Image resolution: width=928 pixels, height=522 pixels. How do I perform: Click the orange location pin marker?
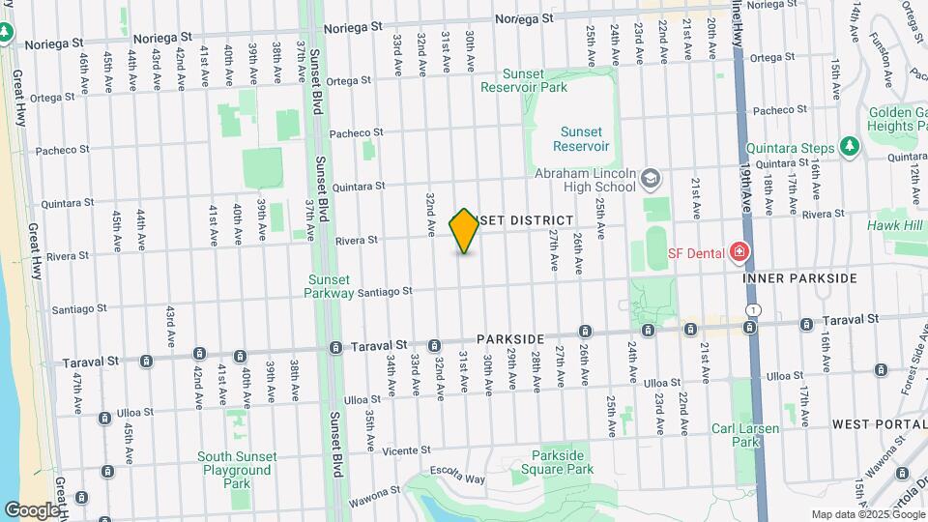click(464, 231)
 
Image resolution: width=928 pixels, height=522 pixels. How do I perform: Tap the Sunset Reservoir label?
click(581, 139)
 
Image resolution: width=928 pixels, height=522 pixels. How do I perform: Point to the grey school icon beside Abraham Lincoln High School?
click(651, 178)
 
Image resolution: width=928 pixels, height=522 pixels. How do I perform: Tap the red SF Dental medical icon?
click(739, 252)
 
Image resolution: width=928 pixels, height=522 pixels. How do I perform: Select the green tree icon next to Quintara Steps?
click(850, 146)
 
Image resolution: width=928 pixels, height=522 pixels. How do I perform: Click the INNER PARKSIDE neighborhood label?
click(799, 278)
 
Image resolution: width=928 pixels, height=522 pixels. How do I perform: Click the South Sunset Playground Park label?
click(237, 470)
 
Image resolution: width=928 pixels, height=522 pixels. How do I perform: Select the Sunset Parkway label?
click(330, 286)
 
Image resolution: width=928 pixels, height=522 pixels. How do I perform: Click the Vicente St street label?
click(405, 450)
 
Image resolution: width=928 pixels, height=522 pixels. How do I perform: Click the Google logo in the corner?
click(32, 509)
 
